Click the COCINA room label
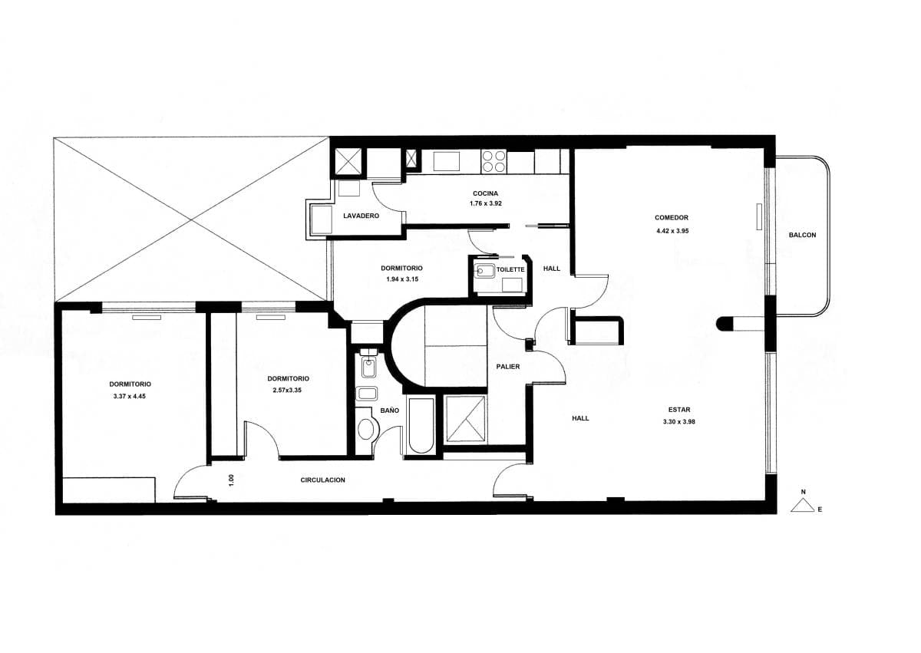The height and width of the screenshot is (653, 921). click(x=485, y=193)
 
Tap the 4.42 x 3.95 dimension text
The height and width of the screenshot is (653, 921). click(x=672, y=231)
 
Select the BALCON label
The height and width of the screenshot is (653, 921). click(x=802, y=235)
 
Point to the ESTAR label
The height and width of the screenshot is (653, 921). click(x=679, y=409)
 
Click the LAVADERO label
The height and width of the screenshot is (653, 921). click(x=361, y=216)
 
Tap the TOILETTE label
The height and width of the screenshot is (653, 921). click(x=510, y=269)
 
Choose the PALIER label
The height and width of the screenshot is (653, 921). click(x=508, y=367)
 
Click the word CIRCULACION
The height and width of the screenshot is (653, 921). click(x=323, y=480)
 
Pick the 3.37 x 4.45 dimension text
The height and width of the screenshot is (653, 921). click(x=130, y=397)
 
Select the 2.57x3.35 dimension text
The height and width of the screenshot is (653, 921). click(x=287, y=391)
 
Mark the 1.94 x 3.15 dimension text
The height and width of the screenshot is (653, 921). click(x=402, y=279)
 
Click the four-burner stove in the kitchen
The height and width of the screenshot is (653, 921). click(x=494, y=161)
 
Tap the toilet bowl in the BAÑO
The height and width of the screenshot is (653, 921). click(x=365, y=430)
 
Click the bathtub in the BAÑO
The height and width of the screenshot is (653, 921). click(x=421, y=425)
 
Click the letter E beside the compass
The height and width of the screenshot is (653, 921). click(x=820, y=510)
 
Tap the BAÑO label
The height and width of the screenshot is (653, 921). click(x=389, y=411)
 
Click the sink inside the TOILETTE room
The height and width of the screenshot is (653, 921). click(x=485, y=271)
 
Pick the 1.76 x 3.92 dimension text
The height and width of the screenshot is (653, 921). click(x=486, y=203)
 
